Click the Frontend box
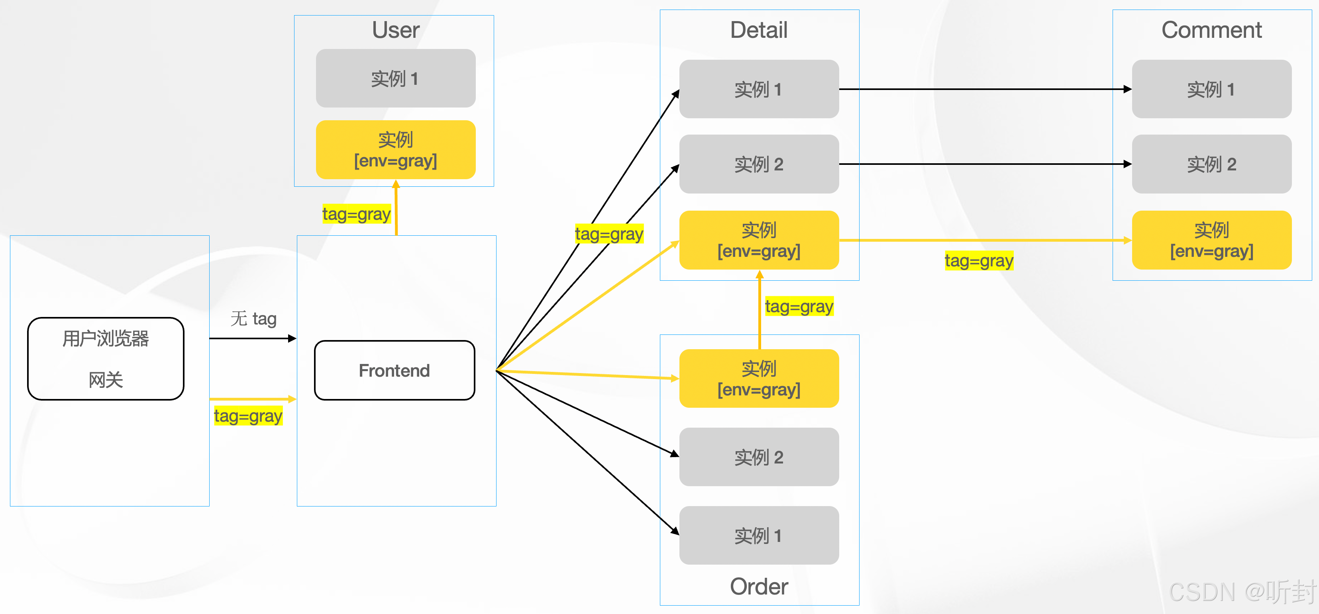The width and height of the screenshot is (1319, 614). coord(394,370)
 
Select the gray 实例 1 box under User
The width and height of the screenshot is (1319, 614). coord(395,78)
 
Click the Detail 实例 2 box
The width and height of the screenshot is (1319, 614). coord(758,164)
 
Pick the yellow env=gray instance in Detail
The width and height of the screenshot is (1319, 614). coord(758,240)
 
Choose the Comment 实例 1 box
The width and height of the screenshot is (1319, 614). coord(1211,89)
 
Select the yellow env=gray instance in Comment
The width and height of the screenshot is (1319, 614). coord(1211,240)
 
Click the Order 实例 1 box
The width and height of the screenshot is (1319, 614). coord(758,535)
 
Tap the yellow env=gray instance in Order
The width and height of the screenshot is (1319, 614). coord(758,379)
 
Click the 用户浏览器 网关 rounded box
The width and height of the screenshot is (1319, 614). coord(106,358)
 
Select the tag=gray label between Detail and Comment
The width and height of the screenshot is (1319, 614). coord(979,260)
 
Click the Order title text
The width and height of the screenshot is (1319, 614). coord(758,587)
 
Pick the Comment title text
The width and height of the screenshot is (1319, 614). coord(1211,30)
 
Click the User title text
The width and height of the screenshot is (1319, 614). coord(395,30)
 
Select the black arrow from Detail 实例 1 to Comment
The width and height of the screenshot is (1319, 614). coord(983,89)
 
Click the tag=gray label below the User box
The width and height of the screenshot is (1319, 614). coord(356,213)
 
